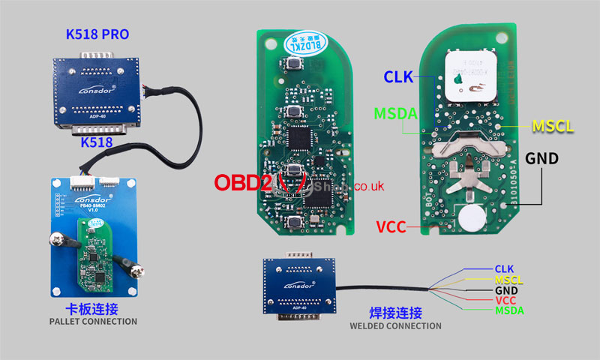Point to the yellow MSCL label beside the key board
coord(553,125)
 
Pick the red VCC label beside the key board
coord(391,227)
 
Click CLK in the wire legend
coord(504,268)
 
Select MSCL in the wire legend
coord(508,280)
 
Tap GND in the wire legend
coord(505,290)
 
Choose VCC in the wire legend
coord(505,301)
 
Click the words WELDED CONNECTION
coord(395,325)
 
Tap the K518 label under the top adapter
coord(97,141)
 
